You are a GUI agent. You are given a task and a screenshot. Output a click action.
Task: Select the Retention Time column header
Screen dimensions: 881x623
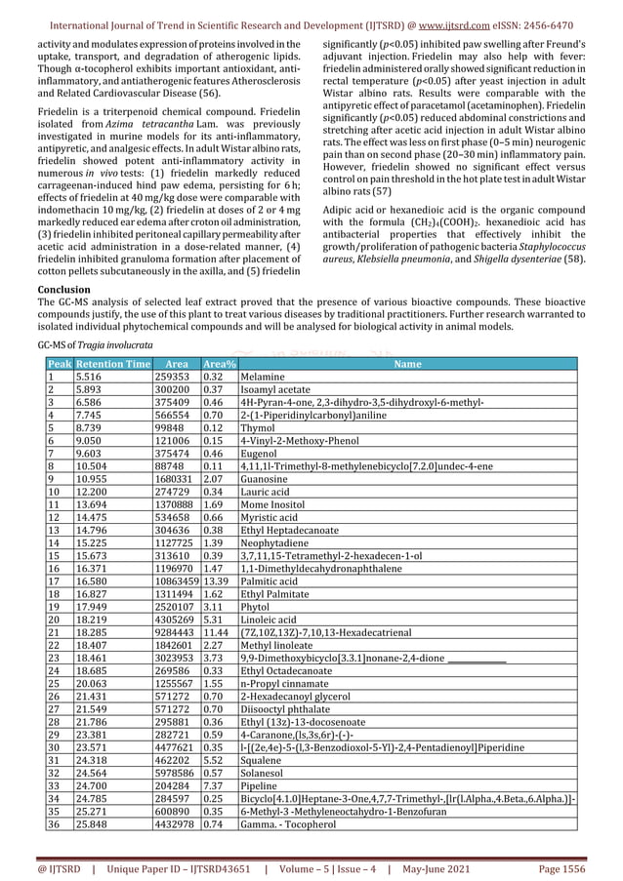click(113, 364)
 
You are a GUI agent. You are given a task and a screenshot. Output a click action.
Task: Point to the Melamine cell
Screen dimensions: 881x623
click(266, 376)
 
